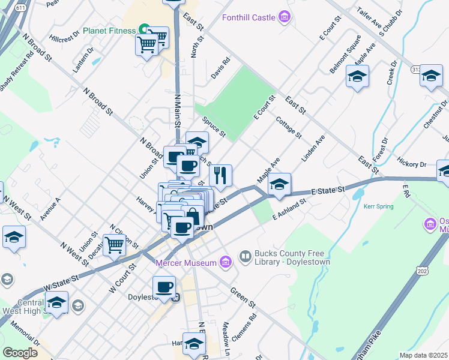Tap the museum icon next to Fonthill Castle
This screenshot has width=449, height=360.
285,17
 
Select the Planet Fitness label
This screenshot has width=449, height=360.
110,30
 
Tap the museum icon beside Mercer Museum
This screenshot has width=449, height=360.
225,262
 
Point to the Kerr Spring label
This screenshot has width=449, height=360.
378,206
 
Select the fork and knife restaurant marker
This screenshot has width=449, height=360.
220,175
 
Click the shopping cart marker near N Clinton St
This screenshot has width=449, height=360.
114,244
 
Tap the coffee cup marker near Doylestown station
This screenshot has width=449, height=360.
164,287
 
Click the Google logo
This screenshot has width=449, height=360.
20,352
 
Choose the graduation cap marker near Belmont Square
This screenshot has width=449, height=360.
357,76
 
